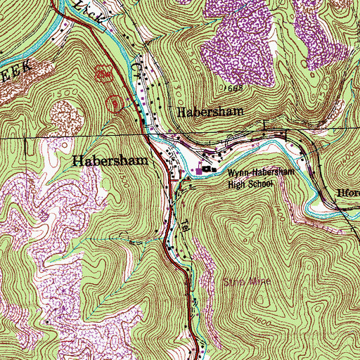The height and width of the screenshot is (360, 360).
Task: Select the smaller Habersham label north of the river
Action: [x=209, y=112]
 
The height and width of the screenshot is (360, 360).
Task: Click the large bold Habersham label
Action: [x=110, y=160]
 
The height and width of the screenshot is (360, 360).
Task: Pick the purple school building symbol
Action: [x=200, y=170]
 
